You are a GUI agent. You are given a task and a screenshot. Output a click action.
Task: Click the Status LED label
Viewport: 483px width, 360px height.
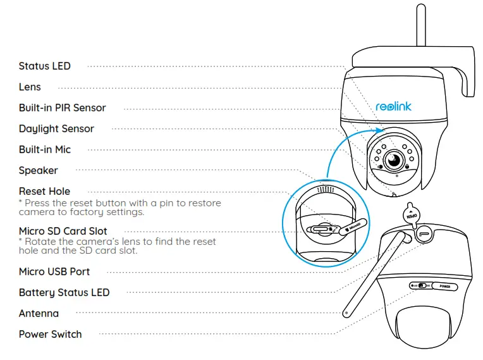pyautogui.click(x=44, y=66)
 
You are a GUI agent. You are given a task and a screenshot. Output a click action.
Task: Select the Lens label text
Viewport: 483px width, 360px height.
pyautogui.click(x=30, y=87)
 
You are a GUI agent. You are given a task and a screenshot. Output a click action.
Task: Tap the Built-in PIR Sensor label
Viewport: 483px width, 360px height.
pyautogui.click(x=62, y=108)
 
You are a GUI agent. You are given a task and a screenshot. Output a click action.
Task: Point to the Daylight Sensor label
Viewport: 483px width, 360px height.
pyautogui.click(x=56, y=128)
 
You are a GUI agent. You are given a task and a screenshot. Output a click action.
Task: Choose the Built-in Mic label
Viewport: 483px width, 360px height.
pyautogui.click(x=44, y=149)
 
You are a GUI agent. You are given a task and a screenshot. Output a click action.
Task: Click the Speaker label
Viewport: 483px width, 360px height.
pyautogui.click(x=38, y=170)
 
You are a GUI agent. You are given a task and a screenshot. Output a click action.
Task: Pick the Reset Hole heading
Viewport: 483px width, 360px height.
pyautogui.click(x=44, y=191)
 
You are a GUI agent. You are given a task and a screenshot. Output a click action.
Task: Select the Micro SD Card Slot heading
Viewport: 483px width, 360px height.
pyautogui.click(x=63, y=231)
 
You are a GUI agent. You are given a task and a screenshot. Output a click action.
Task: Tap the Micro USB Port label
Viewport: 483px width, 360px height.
pyautogui.click(x=54, y=271)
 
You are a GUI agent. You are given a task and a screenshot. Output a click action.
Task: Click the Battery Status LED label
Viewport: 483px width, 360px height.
pyautogui.click(x=64, y=292)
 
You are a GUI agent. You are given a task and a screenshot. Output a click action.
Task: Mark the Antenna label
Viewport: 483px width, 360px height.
pyautogui.click(x=39, y=313)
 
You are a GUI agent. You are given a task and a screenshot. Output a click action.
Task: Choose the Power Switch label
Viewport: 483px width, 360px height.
pyautogui.click(x=50, y=334)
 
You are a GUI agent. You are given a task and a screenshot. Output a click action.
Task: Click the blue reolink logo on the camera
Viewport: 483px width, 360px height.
pyautogui.click(x=393, y=106)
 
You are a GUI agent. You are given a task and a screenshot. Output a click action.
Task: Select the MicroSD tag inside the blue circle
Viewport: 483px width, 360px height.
pyautogui.click(x=352, y=227)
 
